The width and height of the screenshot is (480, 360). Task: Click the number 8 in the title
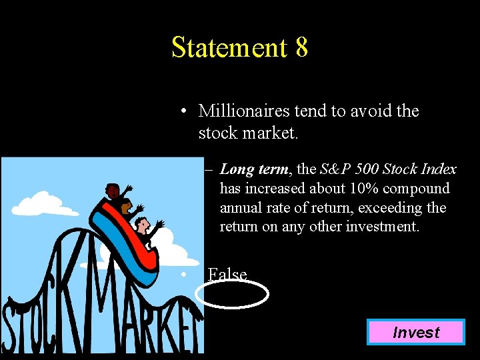click(x=301, y=47)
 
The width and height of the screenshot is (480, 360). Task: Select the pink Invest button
click(x=415, y=332)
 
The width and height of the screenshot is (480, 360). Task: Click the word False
click(x=227, y=274)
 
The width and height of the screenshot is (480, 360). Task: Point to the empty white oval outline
click(x=233, y=294)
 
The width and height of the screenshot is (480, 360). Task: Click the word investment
click(x=385, y=227)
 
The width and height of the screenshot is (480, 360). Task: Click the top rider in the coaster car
click(x=114, y=193)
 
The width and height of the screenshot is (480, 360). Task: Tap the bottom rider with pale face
click(x=143, y=226)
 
